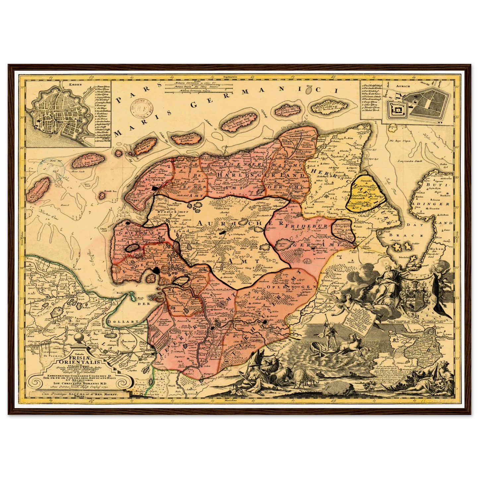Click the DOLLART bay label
(117, 322)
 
